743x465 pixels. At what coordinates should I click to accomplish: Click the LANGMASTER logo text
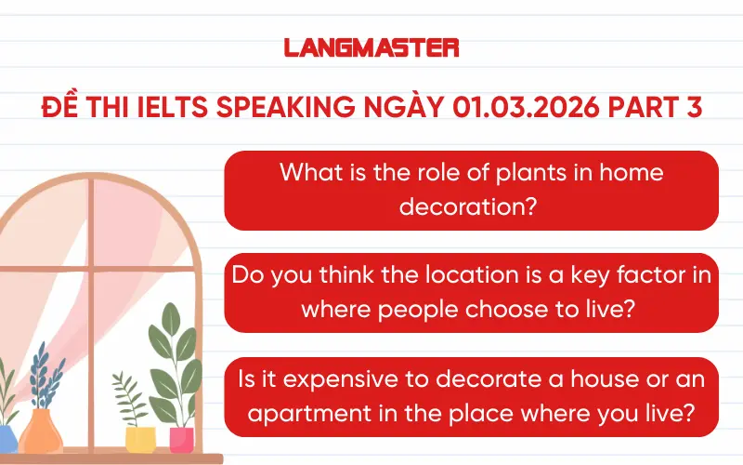(x=371, y=46)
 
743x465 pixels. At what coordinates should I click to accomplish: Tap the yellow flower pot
(x=139, y=439)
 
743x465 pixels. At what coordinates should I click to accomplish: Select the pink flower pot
(x=181, y=439)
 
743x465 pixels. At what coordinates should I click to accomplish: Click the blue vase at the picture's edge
(x=7, y=437)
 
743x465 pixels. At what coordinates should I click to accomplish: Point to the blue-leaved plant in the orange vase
(x=39, y=377)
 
